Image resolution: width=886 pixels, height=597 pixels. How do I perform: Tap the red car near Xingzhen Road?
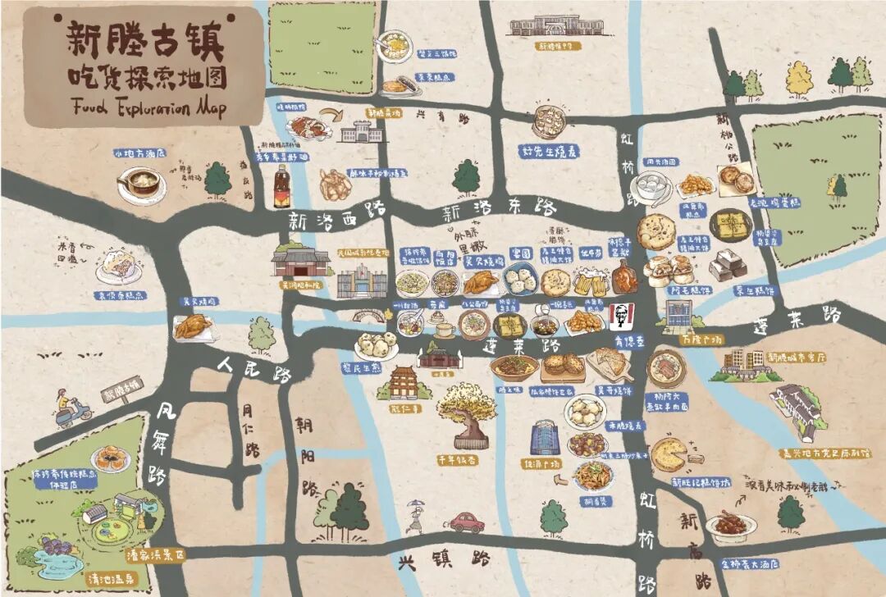[466, 522]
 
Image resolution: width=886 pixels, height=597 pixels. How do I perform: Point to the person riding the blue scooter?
[69, 408]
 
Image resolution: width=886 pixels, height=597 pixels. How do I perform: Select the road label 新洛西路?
[325, 221]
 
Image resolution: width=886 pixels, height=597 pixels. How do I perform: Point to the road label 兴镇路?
[444, 560]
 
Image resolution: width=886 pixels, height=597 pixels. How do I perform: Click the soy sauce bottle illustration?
[282, 186]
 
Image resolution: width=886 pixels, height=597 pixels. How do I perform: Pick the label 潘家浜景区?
[155, 554]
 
